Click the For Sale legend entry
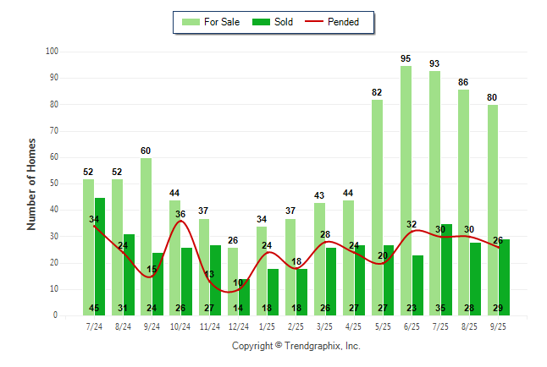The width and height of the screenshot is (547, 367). (213, 22)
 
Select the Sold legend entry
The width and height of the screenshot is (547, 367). (274, 22)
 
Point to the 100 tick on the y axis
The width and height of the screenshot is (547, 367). (52, 52)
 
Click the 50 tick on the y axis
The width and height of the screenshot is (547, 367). (53, 183)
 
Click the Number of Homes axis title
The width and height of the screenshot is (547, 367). (32, 183)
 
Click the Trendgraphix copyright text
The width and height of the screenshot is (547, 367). (296, 346)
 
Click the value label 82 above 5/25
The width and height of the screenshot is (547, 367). (377, 92)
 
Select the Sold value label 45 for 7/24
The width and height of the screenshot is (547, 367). (94, 308)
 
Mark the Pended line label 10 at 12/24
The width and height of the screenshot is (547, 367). (239, 282)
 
